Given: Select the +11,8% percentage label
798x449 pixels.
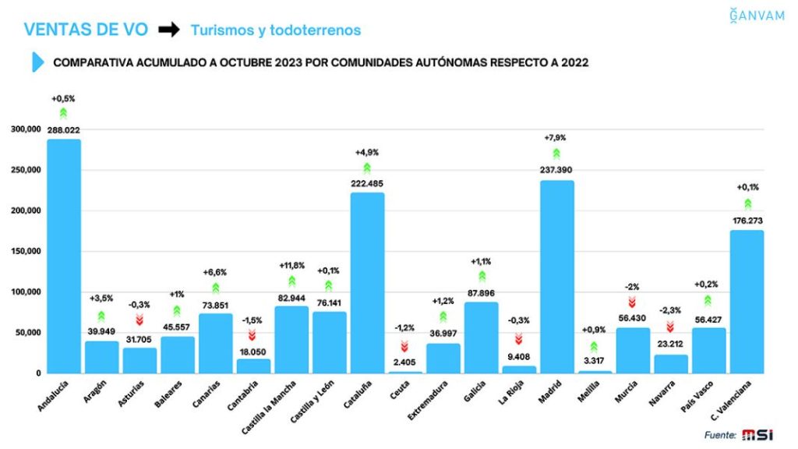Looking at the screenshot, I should (x=291, y=265).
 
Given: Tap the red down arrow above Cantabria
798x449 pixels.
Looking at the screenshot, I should (x=253, y=335).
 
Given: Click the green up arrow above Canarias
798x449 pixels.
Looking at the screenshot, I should (x=215, y=288).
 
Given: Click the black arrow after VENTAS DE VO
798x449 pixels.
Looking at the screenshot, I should (x=169, y=30).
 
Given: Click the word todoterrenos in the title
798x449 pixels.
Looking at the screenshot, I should (x=321, y=30).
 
